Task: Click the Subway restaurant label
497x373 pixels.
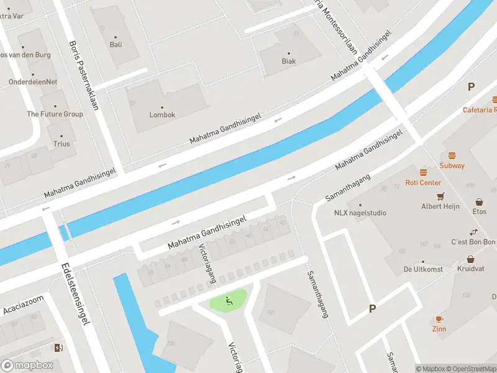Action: tap(452, 166)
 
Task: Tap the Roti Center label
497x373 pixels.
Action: tap(423, 183)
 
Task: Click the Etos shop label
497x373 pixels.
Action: tap(479, 212)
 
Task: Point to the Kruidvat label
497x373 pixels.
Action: tap(470, 269)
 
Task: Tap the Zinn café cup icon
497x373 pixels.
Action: tap(439, 319)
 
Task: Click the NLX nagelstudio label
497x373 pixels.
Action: tap(360, 213)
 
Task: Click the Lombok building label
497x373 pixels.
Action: tap(162, 115)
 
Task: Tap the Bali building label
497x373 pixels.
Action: tap(116, 44)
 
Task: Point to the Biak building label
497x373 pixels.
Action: tap(288, 61)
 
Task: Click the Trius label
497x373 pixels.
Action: tap(62, 144)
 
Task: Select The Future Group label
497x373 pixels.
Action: tap(55, 114)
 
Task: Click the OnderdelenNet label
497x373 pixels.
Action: tap(33, 82)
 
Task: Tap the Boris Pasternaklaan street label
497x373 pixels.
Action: tap(84, 75)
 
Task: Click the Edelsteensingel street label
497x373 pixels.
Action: tap(76, 294)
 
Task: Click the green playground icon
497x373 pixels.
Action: tap(229, 302)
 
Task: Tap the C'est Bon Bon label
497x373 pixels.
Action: tap(473, 242)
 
